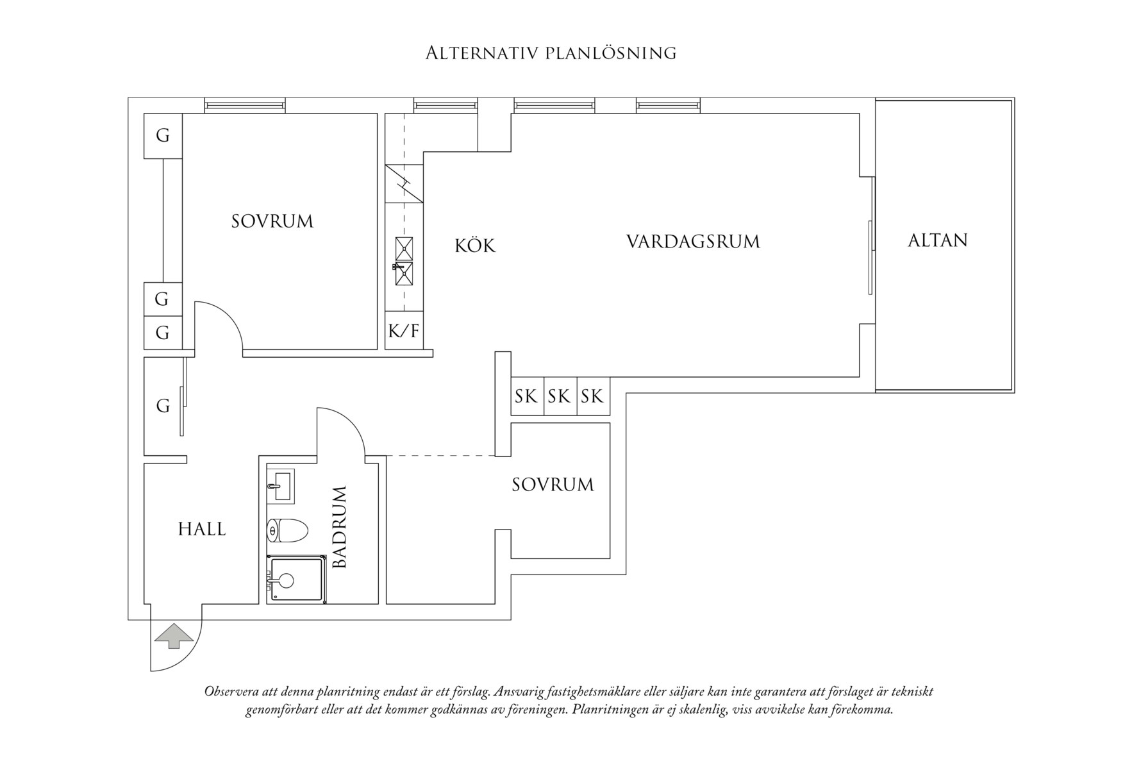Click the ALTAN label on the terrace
coord(937,240)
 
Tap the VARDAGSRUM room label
coord(693,242)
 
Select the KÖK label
coord(475,246)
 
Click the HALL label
coord(202,530)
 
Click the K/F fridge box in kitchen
coord(404,331)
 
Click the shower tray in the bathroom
coord(296,580)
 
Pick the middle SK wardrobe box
coord(559,396)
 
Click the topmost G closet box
coord(163,136)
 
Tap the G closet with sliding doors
coord(163,406)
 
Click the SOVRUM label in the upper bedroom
coord(272,222)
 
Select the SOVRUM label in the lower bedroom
coord(553,485)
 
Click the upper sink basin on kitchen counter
coord(404,247)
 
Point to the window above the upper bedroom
coord(244,105)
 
